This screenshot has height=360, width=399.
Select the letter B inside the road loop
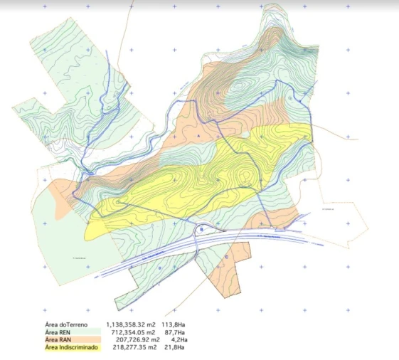point(202,230)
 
